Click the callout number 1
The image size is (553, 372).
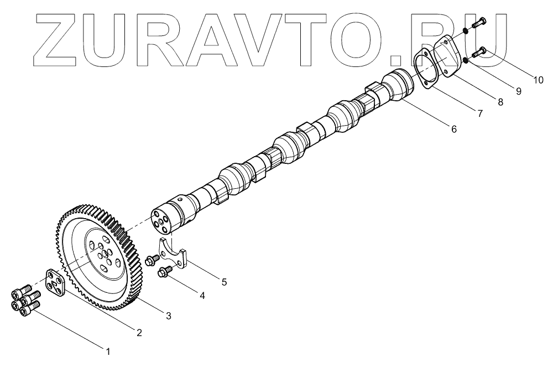pyautogui.click(x=108, y=350)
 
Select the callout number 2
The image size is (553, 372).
pyautogui.click(x=139, y=333)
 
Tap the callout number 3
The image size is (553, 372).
pyautogui.click(x=169, y=316)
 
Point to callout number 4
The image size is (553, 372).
pyautogui.click(x=202, y=296)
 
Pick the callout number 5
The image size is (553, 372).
pyautogui.click(x=224, y=282)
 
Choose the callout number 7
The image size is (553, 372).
pyautogui.click(x=480, y=113)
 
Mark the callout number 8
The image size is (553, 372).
pyautogui.click(x=500, y=102)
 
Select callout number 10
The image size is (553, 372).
pyautogui.click(x=538, y=80)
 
